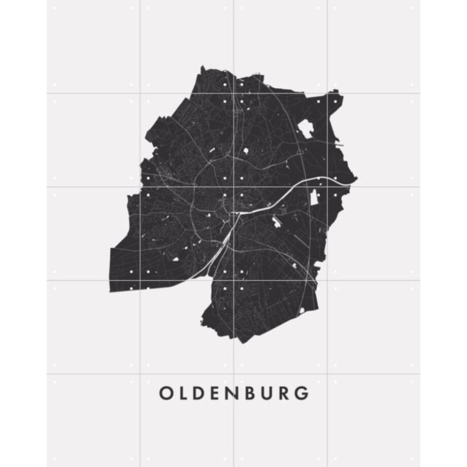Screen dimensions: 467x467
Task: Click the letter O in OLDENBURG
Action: tap(165, 393)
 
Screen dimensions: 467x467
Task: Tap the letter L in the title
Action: tap(185, 393)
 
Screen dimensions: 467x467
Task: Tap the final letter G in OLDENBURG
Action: tap(302, 393)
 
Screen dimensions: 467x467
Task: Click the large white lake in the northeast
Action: tap(306, 128)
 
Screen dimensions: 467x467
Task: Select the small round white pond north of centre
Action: tap(246, 151)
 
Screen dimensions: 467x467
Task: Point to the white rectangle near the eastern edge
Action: tap(314, 197)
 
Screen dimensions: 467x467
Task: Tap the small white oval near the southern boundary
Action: tap(302, 310)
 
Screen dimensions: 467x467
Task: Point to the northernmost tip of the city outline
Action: tap(202, 66)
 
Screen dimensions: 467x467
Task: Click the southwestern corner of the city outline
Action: tap(110, 291)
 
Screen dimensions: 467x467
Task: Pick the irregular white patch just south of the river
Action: tap(277, 221)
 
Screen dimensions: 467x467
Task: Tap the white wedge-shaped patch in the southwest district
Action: tap(176, 259)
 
